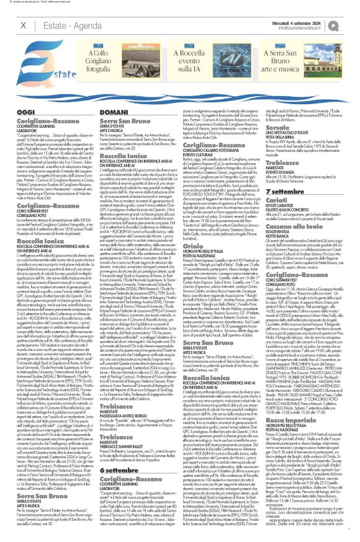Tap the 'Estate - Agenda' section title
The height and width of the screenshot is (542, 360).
68,25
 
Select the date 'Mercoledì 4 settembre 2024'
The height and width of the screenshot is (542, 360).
305,22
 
